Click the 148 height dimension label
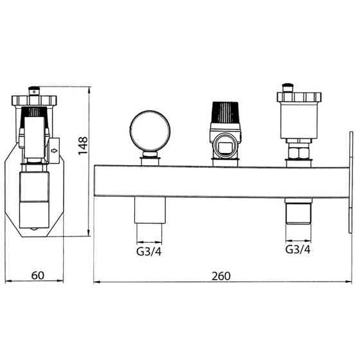(83, 146)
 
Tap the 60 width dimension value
(38, 275)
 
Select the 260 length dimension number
(221, 276)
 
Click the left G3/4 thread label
(149, 251)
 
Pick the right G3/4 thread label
(298, 249)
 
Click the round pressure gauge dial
(150, 131)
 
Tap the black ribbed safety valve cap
(226, 113)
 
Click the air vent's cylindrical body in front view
(299, 121)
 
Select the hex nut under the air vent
(299, 153)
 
